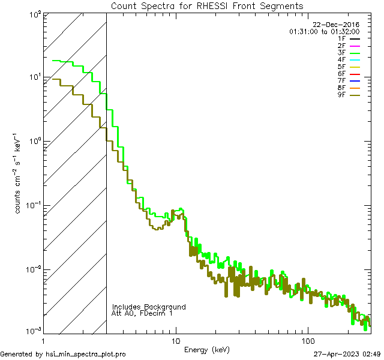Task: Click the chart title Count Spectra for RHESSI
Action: [x=207, y=6]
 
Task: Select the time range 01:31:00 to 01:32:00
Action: [x=324, y=31]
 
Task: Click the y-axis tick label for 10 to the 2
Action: [x=34, y=13]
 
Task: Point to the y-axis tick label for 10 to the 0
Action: [x=34, y=140]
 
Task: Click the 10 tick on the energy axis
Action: [x=175, y=340]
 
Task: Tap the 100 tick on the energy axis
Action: [x=308, y=340]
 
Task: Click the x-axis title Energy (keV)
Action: [x=207, y=349]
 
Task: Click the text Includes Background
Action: [x=149, y=307]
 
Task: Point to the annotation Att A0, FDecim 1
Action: [x=142, y=313]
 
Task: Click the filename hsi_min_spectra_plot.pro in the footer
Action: [x=86, y=355]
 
